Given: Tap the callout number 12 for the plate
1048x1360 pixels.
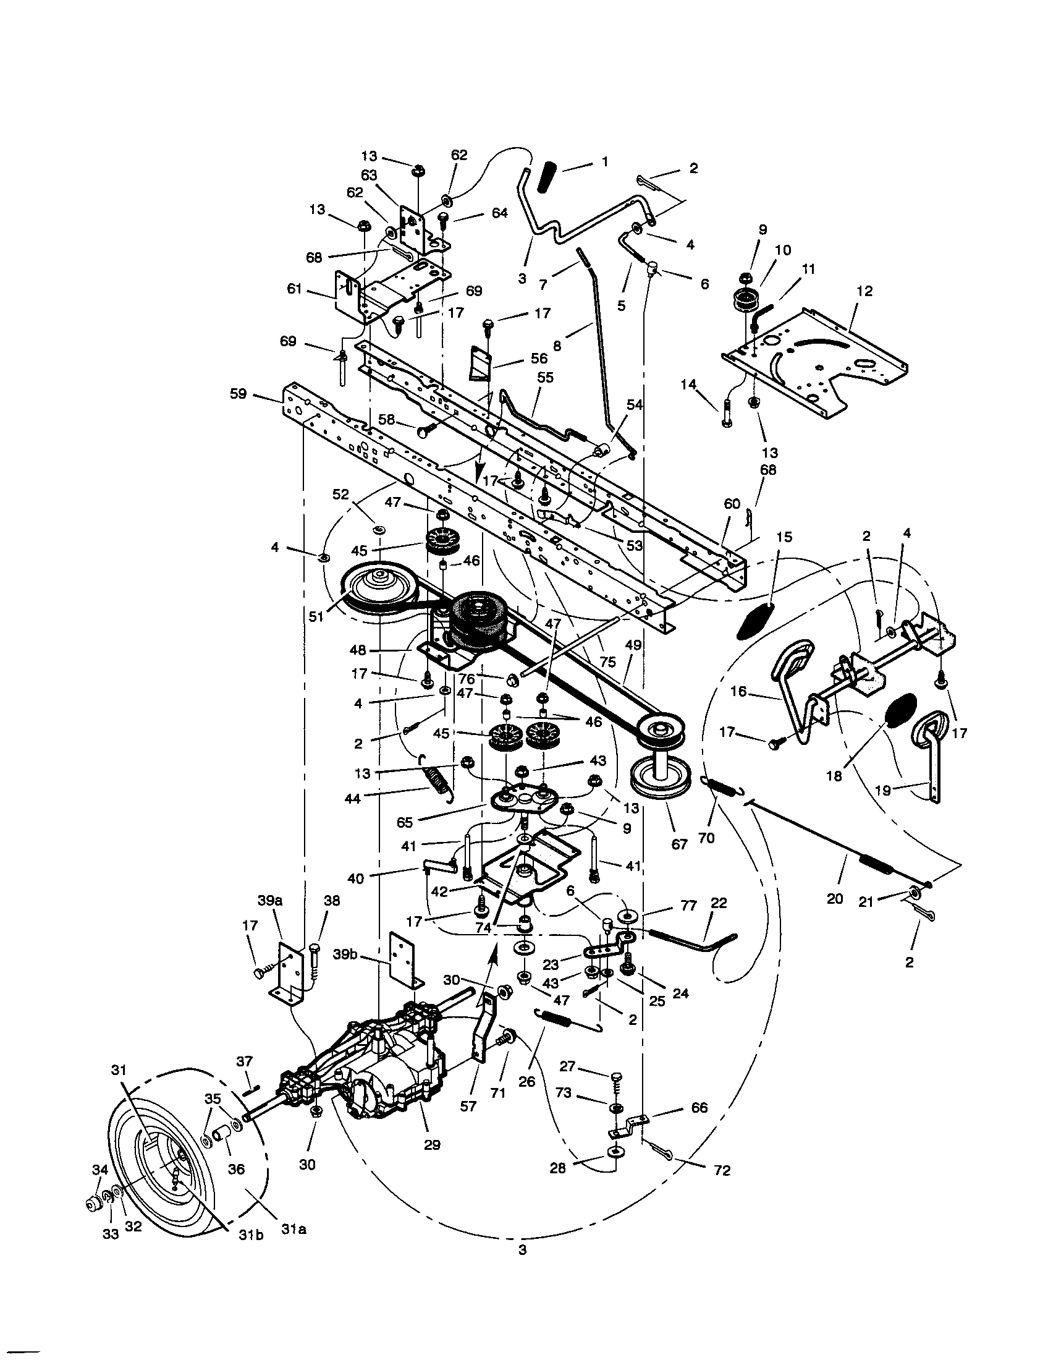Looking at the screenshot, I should [864, 291].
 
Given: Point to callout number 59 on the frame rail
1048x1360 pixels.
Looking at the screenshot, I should [238, 394].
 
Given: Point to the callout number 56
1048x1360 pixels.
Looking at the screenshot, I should [539, 358].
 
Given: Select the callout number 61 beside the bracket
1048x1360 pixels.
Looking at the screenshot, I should [294, 289].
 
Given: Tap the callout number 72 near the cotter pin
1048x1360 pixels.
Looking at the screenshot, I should [722, 1171].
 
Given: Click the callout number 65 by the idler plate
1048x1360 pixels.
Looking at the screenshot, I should [405, 822].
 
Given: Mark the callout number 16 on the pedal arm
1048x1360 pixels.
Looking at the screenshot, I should [738, 692].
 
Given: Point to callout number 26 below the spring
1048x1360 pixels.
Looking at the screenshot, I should [526, 1082].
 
